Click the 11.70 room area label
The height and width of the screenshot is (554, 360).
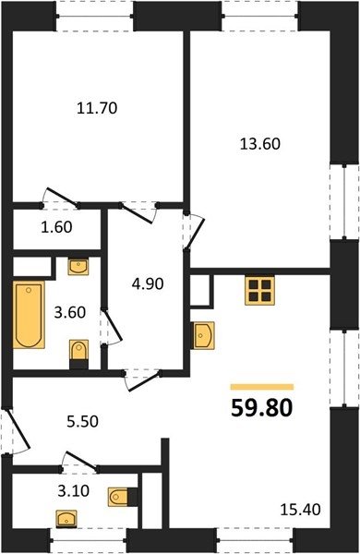pyautogui.click(x=97, y=108)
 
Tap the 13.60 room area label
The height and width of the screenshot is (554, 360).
pyautogui.click(x=260, y=144)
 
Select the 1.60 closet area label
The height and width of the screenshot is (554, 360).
pyautogui.click(x=56, y=227)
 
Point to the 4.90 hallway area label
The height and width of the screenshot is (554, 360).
pyautogui.click(x=148, y=283)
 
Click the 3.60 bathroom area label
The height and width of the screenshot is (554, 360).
pyautogui.click(x=70, y=312)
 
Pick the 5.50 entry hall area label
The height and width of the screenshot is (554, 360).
pyautogui.click(x=82, y=421)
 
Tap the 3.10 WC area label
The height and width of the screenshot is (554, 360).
pyautogui.click(x=73, y=491)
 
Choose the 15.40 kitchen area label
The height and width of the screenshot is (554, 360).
pyautogui.click(x=300, y=510)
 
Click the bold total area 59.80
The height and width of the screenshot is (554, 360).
pyautogui.click(x=262, y=408)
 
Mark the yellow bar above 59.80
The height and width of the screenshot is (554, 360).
pyautogui.click(x=262, y=387)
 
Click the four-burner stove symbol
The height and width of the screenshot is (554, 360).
pyautogui.click(x=259, y=290)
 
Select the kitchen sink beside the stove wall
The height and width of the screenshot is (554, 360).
pyautogui.click(x=203, y=335)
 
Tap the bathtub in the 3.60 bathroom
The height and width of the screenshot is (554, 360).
pyautogui.click(x=29, y=315)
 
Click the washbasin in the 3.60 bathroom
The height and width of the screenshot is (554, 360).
pyautogui.click(x=78, y=267)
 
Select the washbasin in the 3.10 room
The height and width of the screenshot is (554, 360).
pyautogui.click(x=66, y=519)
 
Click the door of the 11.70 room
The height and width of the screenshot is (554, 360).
pyautogui.click(x=61, y=197)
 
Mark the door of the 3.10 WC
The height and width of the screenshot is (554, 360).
pyautogui.click(x=79, y=461)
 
